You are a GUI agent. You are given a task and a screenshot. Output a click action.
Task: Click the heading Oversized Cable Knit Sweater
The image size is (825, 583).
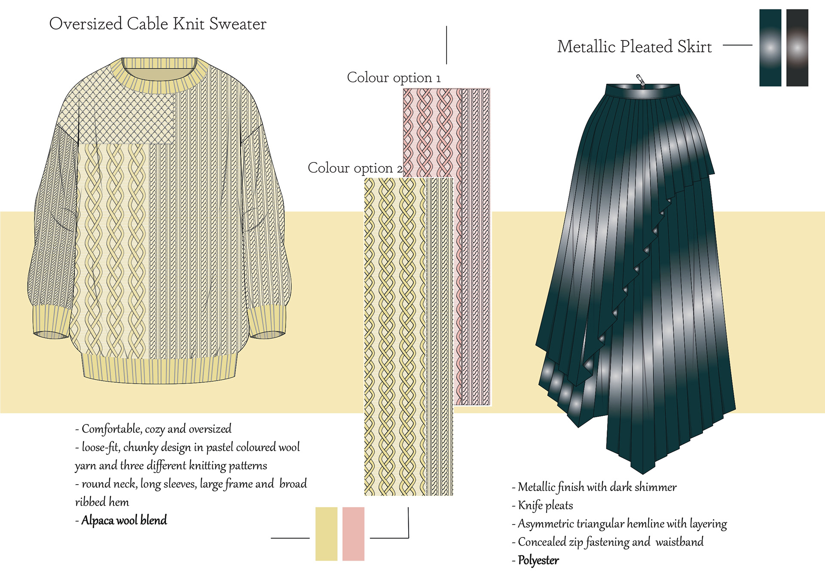pyautogui.click(x=158, y=24)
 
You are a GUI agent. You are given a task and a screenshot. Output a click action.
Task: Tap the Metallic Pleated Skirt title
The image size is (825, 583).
pyautogui.click(x=634, y=47)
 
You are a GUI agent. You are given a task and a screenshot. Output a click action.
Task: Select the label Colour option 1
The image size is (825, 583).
pyautogui.click(x=394, y=78)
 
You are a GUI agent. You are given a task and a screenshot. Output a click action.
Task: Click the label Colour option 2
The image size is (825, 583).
pyautogui.click(x=355, y=168)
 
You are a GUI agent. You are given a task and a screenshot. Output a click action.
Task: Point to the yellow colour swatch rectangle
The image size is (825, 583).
pyautogui.click(x=326, y=534)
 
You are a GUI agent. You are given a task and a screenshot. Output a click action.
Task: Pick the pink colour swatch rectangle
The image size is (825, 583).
pyautogui.click(x=353, y=534)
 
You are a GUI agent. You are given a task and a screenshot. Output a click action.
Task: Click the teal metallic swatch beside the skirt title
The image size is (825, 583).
pyautogui.click(x=770, y=48)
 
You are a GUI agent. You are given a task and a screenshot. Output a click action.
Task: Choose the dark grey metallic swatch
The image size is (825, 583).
pyautogui.click(x=797, y=48)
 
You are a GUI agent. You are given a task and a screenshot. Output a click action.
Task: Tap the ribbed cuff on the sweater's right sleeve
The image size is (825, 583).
pyautogui.click(x=267, y=322)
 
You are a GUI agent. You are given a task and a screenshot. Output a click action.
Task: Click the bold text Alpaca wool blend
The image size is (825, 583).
pyautogui.click(x=124, y=520)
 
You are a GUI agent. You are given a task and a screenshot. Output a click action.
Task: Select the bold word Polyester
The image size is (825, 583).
pyautogui.click(x=538, y=560)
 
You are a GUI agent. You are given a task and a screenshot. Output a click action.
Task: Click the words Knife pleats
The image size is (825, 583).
pyautogui.click(x=545, y=505)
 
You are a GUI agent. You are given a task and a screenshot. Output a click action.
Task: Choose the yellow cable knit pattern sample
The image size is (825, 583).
pyautogui.click(x=408, y=335)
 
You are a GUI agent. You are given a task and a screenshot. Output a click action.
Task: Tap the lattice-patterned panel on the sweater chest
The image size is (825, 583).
pyautogui.click(x=125, y=112)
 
